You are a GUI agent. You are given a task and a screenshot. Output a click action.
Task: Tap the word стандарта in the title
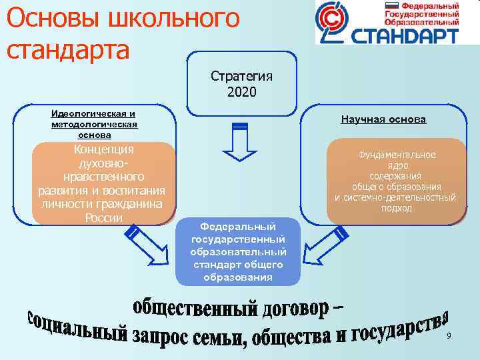[67, 49]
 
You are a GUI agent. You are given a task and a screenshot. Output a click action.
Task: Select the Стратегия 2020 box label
[241, 83]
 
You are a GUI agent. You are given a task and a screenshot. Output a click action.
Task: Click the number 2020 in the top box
[241, 90]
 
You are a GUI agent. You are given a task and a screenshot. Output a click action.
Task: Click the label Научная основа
[383, 119]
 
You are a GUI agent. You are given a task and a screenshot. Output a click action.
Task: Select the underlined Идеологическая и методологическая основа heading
[94, 124]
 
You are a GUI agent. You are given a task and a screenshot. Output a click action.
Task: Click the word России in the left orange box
[104, 219]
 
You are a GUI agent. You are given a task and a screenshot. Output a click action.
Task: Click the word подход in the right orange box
[396, 208]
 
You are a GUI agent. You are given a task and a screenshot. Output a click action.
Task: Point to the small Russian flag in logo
[393, 5]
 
